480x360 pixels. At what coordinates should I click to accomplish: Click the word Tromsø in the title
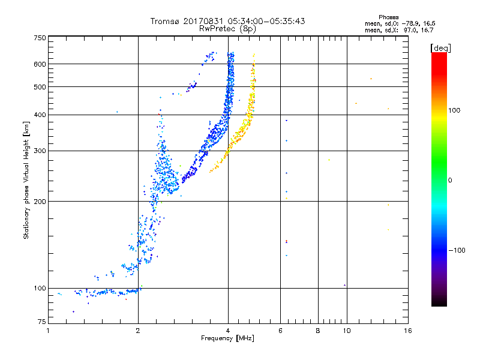point(166,21)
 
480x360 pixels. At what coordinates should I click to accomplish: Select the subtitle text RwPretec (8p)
point(227,29)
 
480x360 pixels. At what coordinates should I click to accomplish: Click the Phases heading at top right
point(388,17)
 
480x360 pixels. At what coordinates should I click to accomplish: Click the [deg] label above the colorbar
point(440,48)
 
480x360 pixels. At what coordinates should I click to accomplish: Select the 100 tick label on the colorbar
point(454,110)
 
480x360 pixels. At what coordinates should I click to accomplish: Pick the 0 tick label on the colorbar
point(450,180)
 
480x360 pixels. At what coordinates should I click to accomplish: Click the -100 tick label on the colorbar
point(457,250)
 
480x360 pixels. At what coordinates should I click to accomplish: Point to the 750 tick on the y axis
point(40,38)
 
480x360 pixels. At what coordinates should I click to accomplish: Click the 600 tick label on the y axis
point(40,64)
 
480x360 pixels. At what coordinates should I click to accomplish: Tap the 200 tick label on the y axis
point(40,202)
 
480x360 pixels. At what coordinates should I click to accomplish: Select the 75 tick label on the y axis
point(41,322)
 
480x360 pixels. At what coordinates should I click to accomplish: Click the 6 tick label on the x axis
point(280,331)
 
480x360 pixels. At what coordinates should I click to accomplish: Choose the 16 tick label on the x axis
point(408,331)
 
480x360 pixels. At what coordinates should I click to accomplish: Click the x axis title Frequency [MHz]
point(227,338)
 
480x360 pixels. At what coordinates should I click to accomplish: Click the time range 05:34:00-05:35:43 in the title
point(266,21)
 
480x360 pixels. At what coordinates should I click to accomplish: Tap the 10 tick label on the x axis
point(347,331)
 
